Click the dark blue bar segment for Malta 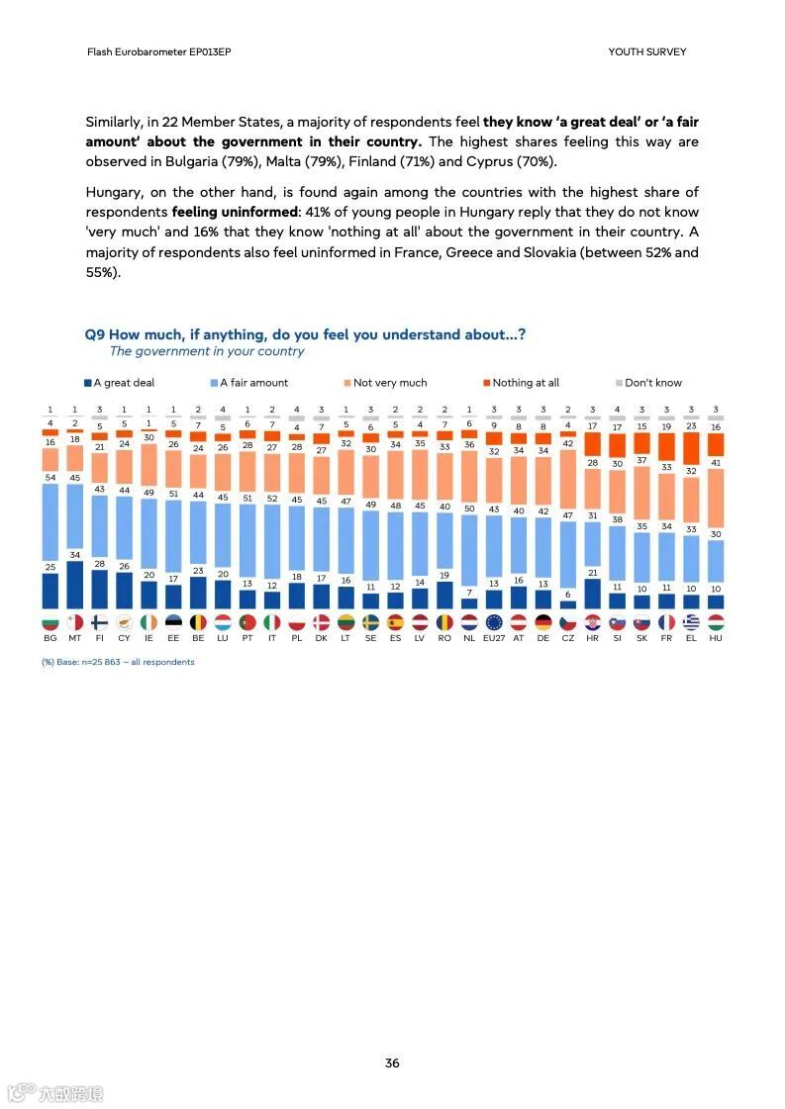coord(74,584)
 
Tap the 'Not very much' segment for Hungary coord(716,498)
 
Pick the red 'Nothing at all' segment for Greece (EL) coord(691,447)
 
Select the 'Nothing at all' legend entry coord(521,383)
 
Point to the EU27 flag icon coord(494,622)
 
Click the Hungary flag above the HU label coord(716,622)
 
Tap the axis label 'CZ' coord(567,638)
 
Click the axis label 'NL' coord(469,638)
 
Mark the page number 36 coord(392,1063)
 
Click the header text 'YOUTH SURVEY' coord(646,51)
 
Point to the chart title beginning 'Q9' coord(305,334)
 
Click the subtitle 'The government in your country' coord(207,351)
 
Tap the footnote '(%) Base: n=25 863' coord(118,662)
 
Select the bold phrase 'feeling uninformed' coord(237,212)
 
